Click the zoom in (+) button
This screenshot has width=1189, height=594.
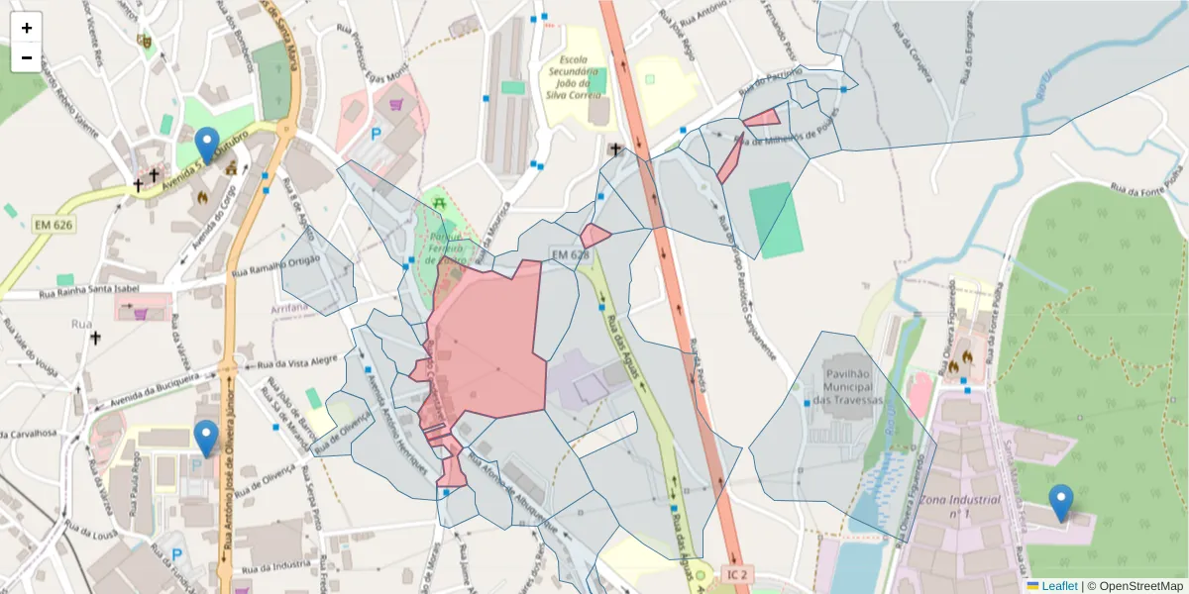click(27, 28)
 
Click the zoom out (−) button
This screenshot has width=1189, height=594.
click(27, 57)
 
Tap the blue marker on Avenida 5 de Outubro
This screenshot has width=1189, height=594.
click(207, 145)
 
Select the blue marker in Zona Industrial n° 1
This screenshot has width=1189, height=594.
click(1061, 502)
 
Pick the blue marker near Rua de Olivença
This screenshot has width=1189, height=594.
click(206, 438)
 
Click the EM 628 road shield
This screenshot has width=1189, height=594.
click(570, 256)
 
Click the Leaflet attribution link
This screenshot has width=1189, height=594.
click(1059, 586)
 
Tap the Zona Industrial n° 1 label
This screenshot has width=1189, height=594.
click(959, 508)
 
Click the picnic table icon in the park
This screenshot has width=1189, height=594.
click(438, 204)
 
